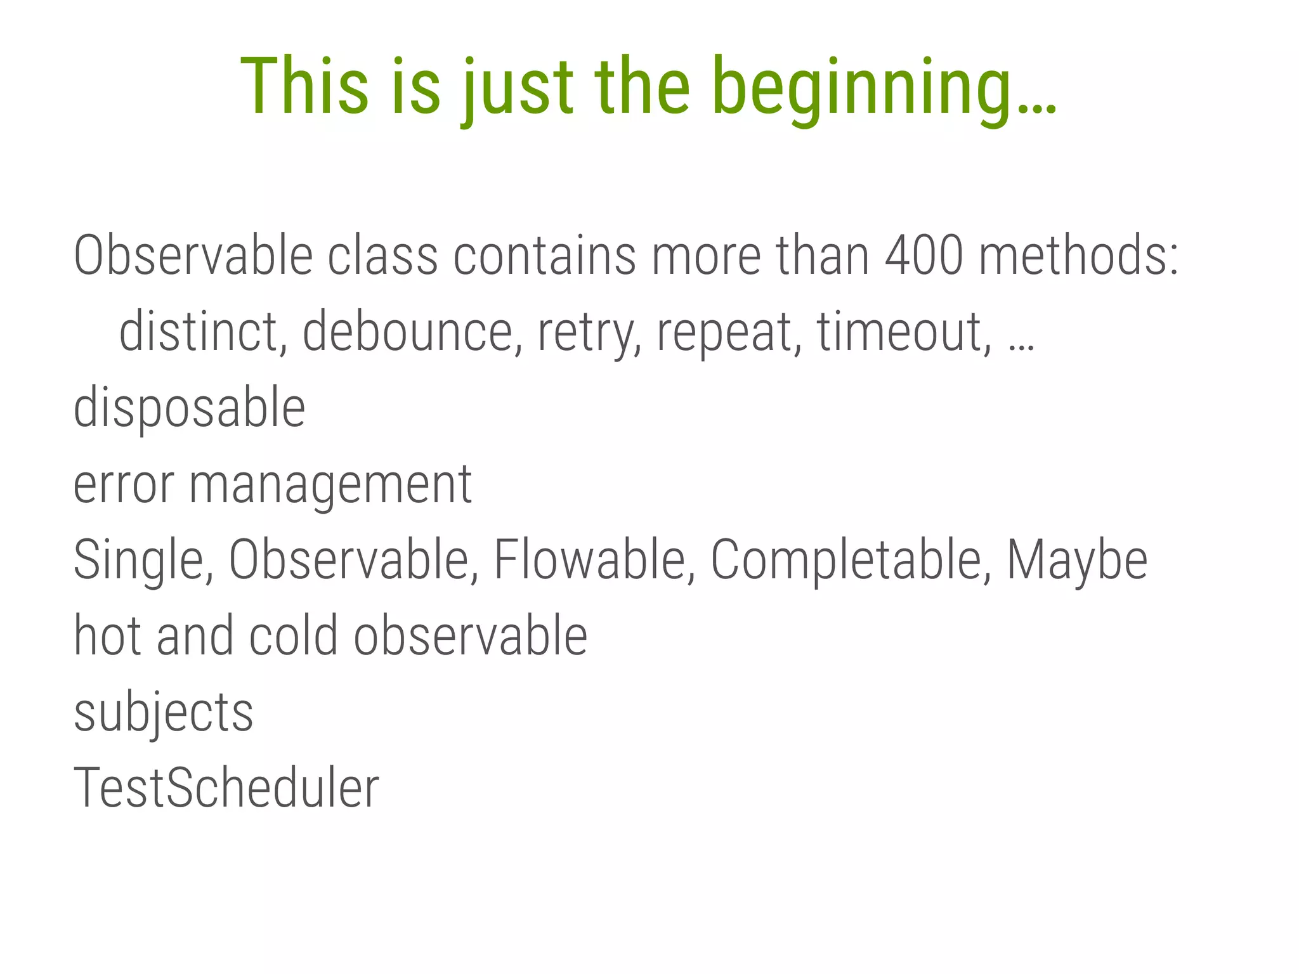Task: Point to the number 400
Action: [x=924, y=256]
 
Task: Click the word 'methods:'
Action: [x=1079, y=256]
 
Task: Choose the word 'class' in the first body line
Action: [x=382, y=256]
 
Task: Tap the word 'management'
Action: [x=330, y=485]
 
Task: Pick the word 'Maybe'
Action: [x=1077, y=560]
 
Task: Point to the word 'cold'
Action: [x=294, y=635]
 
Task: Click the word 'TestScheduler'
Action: [x=226, y=788]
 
